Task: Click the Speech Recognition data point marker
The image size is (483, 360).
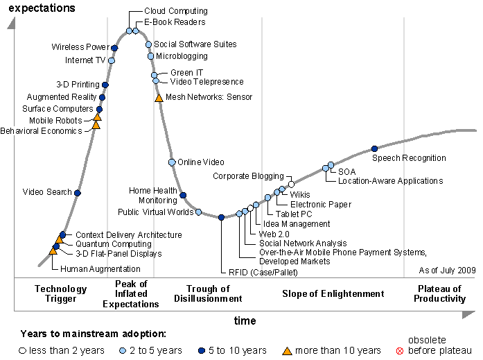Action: [375, 148]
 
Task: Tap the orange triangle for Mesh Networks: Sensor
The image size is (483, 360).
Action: [159, 98]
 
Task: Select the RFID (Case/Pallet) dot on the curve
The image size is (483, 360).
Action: [221, 217]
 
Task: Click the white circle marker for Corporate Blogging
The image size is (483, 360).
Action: [291, 184]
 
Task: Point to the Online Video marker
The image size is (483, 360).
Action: [172, 162]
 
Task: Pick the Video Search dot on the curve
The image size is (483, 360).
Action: [78, 192]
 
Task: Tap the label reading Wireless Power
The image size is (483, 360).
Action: [80, 47]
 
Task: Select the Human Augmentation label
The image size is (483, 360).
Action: [100, 268]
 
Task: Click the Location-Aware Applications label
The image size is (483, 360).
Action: [390, 181]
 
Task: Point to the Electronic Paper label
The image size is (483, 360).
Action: [321, 205]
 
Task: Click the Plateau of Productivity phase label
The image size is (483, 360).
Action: [441, 293]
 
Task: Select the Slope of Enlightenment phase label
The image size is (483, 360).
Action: [333, 294]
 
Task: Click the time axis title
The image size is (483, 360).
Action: [245, 320]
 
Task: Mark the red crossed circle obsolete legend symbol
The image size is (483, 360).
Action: [398, 351]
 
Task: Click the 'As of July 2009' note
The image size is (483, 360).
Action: [447, 270]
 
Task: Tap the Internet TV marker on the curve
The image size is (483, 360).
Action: [112, 60]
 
